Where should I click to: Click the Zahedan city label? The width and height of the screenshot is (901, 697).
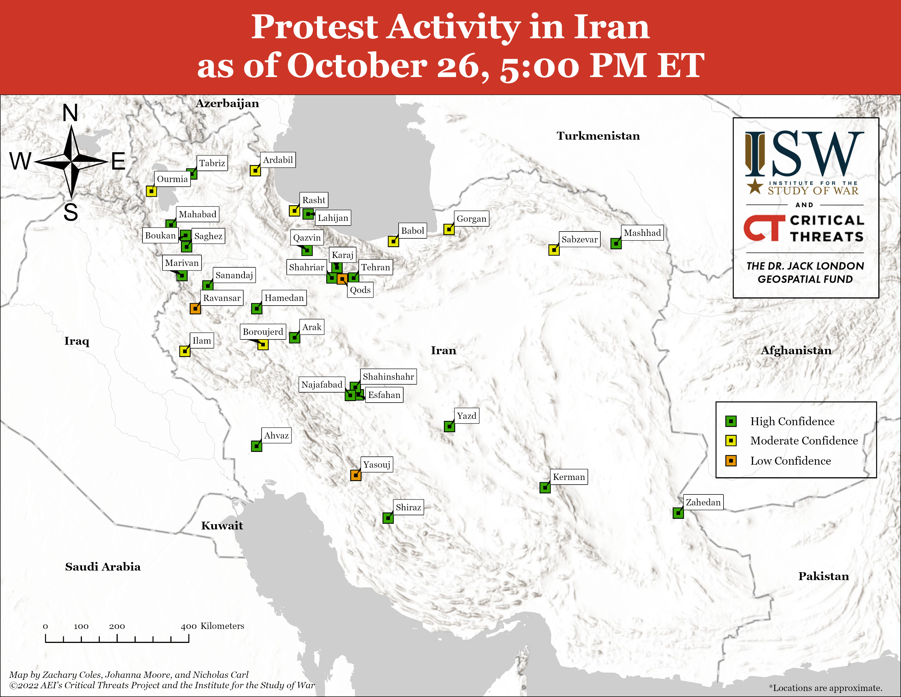(703, 502)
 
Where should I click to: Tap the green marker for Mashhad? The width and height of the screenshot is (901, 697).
(616, 244)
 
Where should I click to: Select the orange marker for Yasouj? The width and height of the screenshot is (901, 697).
(355, 475)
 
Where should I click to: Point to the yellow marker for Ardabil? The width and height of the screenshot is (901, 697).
(255, 171)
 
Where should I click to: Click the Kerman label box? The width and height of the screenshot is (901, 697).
(569, 477)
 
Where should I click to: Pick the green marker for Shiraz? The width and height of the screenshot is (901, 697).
(388, 518)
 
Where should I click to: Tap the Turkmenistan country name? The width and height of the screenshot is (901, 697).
(598, 136)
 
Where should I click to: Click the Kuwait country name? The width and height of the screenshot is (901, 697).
(222, 526)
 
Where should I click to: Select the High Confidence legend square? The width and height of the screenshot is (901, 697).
(731, 421)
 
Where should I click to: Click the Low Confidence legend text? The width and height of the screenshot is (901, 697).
(790, 461)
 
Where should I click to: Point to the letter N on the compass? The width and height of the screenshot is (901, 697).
(70, 113)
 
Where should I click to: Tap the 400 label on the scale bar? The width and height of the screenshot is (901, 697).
(189, 626)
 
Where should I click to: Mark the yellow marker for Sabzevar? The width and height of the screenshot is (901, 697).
(554, 250)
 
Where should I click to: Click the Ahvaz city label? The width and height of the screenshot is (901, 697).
(276, 435)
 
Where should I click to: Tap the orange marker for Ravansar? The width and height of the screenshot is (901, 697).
(195, 308)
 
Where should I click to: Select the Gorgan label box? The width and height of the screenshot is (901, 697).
(472, 218)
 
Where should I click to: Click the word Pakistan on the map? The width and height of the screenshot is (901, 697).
(823, 576)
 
